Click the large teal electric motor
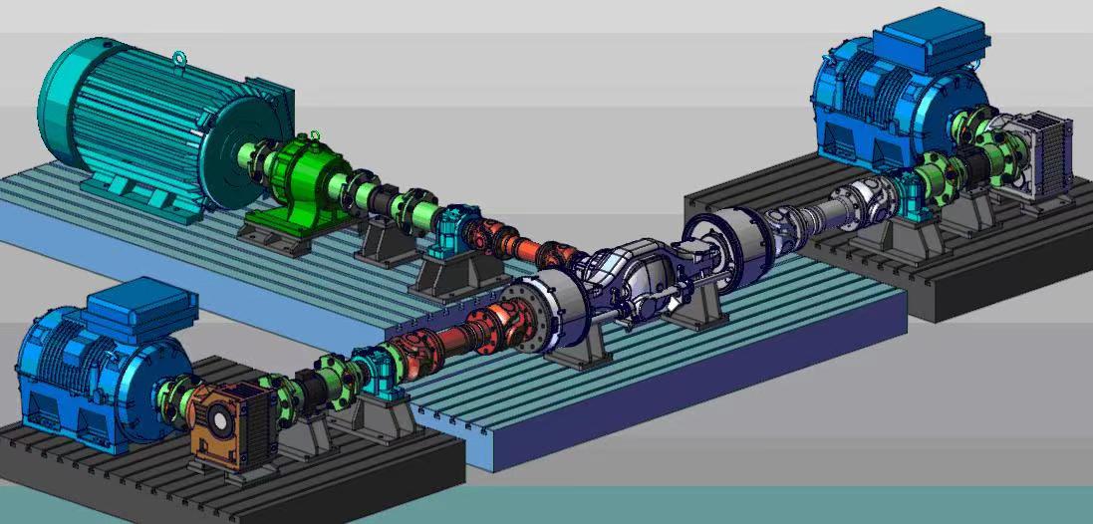click(x=159, y=125)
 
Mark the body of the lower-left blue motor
click(x=85, y=374)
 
